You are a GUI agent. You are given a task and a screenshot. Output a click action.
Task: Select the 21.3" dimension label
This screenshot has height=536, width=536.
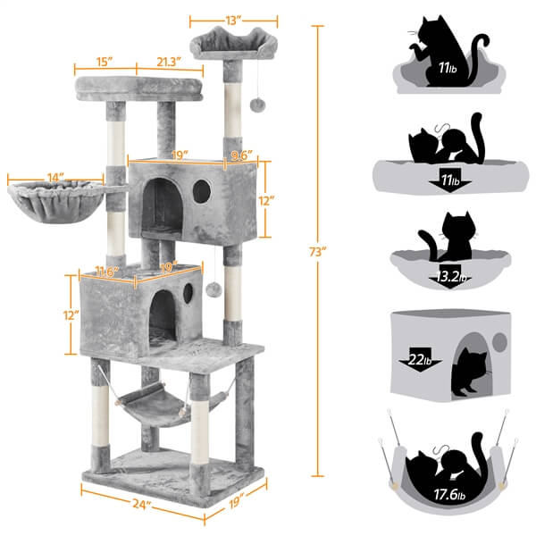167,62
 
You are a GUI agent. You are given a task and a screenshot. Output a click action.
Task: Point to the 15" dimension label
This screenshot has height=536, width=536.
105,62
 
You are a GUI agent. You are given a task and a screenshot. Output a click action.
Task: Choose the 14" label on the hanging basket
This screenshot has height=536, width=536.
55,178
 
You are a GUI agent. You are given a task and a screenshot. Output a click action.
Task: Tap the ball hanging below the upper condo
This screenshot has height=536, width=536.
215,291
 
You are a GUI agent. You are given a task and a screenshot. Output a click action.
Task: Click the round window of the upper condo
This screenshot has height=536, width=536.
202,189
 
